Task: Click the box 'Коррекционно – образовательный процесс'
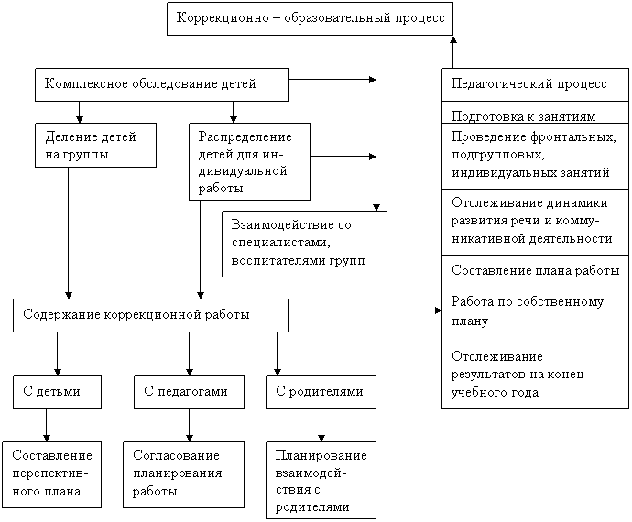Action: (x=310, y=18)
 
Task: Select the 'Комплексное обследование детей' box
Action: (x=161, y=84)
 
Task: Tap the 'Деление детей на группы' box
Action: (x=95, y=145)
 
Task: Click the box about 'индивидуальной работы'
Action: (x=249, y=162)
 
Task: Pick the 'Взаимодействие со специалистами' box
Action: (x=304, y=244)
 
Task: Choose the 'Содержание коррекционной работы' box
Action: (x=150, y=315)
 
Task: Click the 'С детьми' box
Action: (x=57, y=392)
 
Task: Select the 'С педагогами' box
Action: (x=189, y=392)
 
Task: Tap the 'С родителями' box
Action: (x=321, y=392)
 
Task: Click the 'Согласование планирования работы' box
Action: (x=183, y=474)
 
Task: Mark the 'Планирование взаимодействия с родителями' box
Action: (x=321, y=480)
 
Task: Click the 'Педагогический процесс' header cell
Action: (x=535, y=84)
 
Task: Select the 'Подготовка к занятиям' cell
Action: (x=535, y=112)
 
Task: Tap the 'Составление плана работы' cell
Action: (x=535, y=271)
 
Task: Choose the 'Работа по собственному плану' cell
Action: (x=535, y=315)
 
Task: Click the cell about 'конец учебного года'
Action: (x=535, y=375)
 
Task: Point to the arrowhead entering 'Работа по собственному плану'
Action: (x=439, y=310)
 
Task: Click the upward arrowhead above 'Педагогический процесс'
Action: (x=453, y=39)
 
